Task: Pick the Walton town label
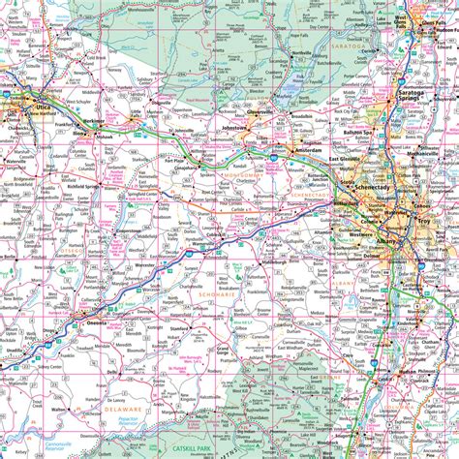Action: (60, 410)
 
